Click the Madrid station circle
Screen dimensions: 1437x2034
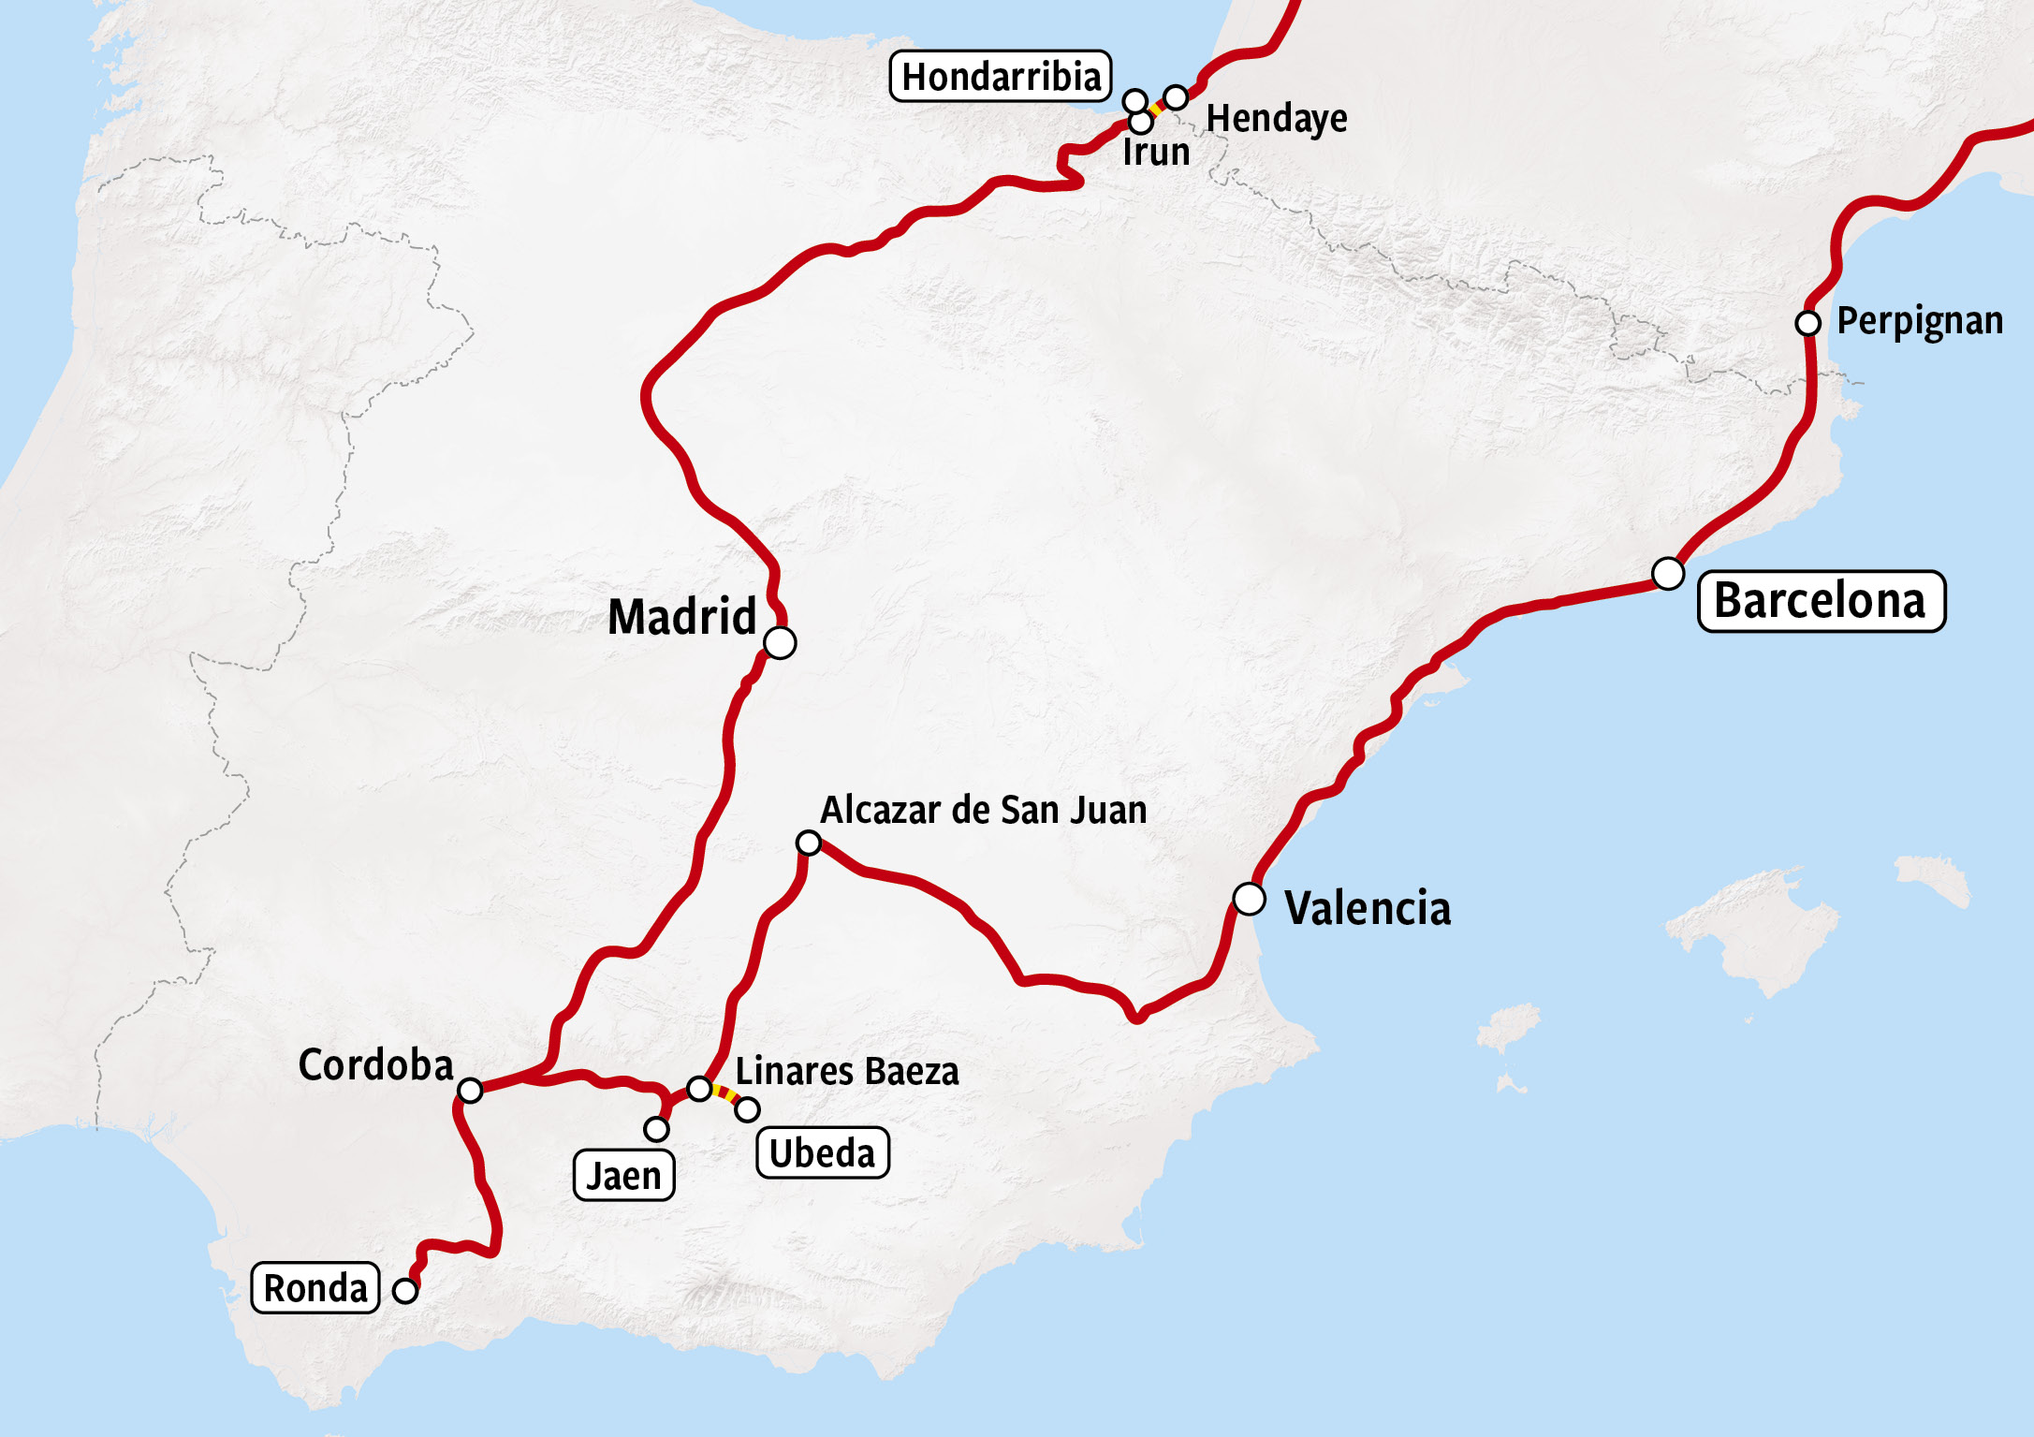tap(780, 643)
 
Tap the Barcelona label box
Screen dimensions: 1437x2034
tap(1821, 601)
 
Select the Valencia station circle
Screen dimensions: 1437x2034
tap(1249, 899)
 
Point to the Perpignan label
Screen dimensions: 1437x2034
tap(1919, 321)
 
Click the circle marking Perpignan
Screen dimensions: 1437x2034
tap(1807, 323)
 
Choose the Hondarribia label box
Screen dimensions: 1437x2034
tap(1001, 77)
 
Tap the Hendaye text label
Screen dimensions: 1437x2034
tap(1276, 119)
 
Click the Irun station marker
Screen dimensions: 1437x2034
tap(1140, 122)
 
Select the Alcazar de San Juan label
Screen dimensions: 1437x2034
tap(983, 810)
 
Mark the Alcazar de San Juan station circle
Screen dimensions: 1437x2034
tap(808, 843)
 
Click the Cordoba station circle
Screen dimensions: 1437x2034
tap(470, 1090)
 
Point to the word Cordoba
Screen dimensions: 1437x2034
tap(375, 1064)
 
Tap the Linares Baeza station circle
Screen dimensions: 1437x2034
tap(699, 1088)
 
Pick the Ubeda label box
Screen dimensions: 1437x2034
tap(822, 1152)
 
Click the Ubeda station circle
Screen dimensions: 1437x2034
tap(747, 1109)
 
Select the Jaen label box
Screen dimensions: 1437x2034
tap(623, 1176)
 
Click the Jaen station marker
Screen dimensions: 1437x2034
tap(656, 1129)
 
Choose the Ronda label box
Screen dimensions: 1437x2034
tap(315, 1288)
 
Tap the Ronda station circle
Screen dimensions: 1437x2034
tap(404, 1290)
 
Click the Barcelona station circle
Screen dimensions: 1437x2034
tap(1667, 573)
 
